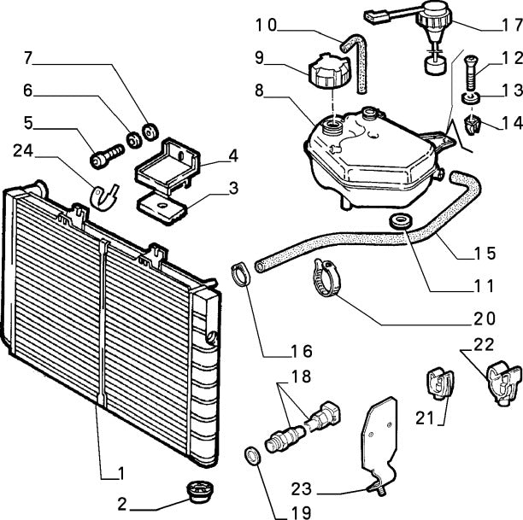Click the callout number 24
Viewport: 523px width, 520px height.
click(x=25, y=151)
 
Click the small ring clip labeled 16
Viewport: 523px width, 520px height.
click(x=242, y=276)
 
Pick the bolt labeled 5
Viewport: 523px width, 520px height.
click(x=107, y=155)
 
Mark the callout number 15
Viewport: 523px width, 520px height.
click(x=485, y=254)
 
